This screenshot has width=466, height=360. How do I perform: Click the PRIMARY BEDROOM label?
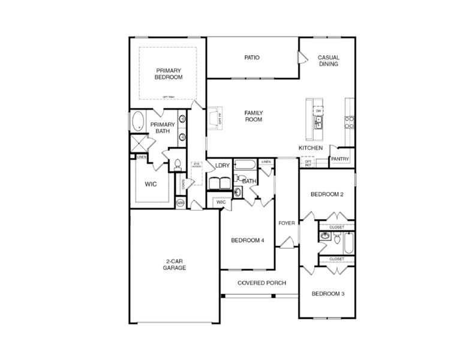point(169,73)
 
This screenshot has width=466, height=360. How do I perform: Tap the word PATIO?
point(251,58)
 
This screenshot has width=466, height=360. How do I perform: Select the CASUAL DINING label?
point(328,60)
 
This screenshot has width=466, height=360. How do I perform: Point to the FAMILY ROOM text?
point(253,116)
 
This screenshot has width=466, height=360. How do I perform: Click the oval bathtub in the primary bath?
point(138,121)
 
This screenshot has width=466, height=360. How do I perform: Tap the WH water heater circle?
point(180,203)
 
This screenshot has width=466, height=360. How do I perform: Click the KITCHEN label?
point(311,148)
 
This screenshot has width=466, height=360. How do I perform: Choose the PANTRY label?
point(339,159)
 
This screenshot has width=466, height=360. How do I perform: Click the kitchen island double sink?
point(319,123)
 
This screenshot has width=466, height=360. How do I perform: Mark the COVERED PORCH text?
point(261,283)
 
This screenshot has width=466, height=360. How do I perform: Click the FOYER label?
point(287,223)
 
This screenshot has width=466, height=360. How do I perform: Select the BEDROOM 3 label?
point(327,294)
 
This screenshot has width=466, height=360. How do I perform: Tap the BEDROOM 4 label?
point(248,241)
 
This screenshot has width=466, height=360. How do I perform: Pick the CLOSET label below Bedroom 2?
point(336,227)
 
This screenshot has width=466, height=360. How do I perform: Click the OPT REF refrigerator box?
point(308,162)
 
